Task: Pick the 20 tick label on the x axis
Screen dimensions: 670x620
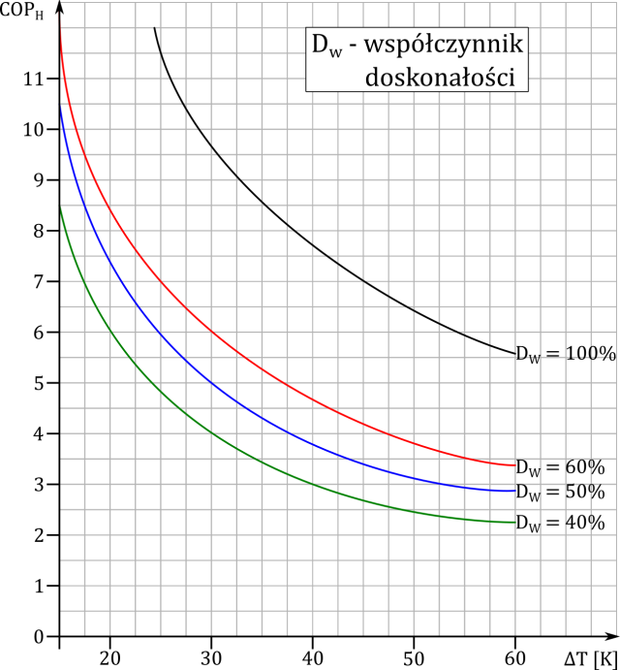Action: [110, 658]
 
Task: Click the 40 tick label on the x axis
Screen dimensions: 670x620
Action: [313, 658]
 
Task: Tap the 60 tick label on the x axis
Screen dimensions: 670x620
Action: [515, 658]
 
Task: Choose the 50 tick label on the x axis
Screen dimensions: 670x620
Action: [414, 658]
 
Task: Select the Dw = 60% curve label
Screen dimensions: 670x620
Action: [559, 467]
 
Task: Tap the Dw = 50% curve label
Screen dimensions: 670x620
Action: [559, 493]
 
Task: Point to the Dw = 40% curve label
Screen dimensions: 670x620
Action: [559, 524]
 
